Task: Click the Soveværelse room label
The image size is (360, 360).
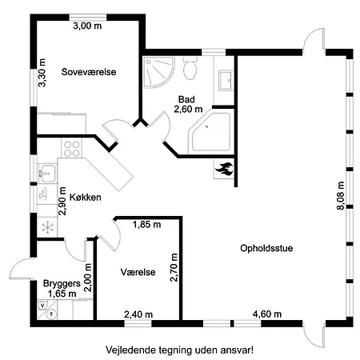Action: click(x=89, y=72)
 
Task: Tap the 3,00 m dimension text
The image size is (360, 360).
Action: click(x=87, y=26)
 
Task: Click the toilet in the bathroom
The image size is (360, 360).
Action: click(x=190, y=70)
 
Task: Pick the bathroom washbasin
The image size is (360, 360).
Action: click(x=226, y=79)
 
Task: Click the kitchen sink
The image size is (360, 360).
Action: click(x=46, y=170)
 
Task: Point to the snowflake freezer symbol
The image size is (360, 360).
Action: click(x=47, y=227)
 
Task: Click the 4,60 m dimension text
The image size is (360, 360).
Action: click(x=266, y=314)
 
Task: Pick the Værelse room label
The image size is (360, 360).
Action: click(x=137, y=270)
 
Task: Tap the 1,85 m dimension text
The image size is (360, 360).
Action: click(x=146, y=225)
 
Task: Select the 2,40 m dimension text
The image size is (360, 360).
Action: click(x=138, y=314)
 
